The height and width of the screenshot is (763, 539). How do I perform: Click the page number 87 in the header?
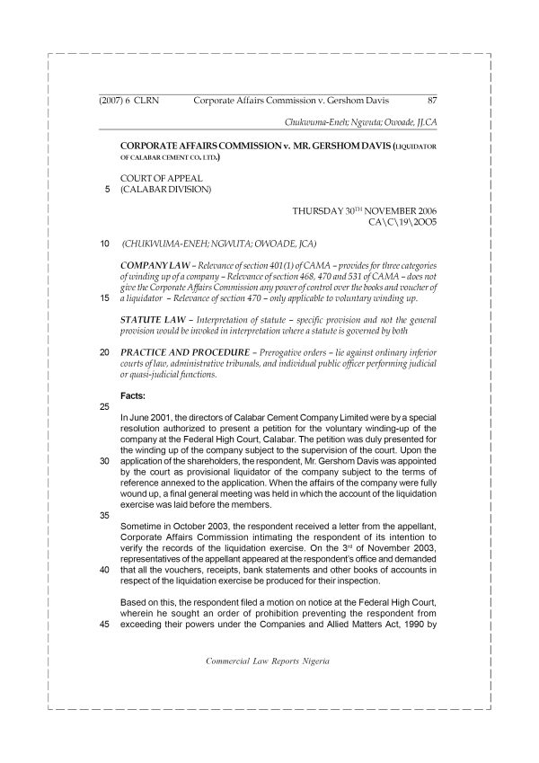click(432, 100)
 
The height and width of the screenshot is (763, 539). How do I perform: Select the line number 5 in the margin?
click(109, 191)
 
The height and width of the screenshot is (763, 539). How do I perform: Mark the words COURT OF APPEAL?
click(161, 179)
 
